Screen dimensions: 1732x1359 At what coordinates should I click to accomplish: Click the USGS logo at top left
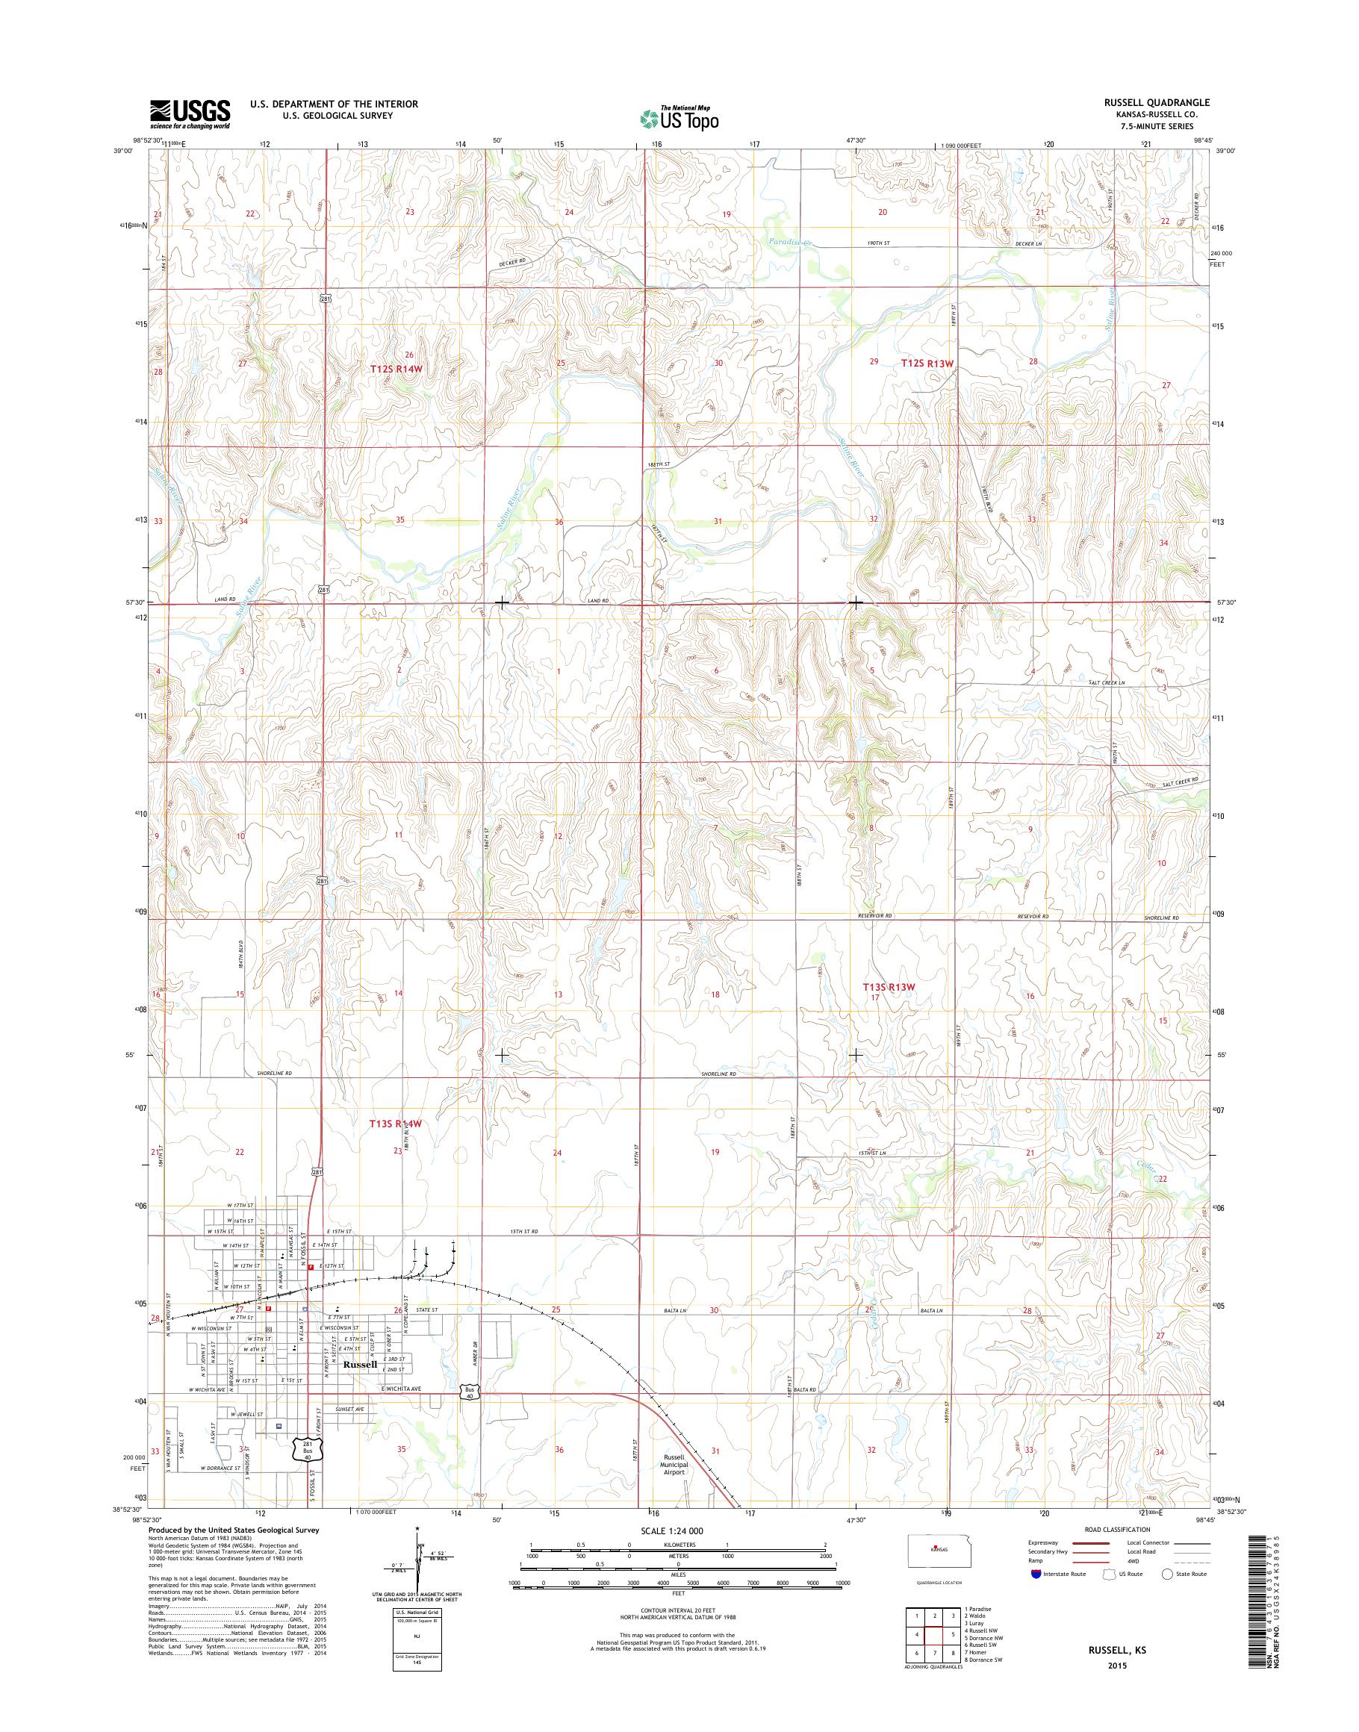[190, 113]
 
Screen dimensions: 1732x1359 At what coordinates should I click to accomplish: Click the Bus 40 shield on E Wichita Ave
[470, 1391]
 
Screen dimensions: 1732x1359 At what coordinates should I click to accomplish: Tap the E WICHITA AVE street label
[404, 1389]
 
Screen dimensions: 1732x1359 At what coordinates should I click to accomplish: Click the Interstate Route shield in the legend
[1035, 1574]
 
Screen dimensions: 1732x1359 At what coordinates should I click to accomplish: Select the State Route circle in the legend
[1168, 1574]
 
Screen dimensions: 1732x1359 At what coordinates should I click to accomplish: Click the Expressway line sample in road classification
[1092, 1543]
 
